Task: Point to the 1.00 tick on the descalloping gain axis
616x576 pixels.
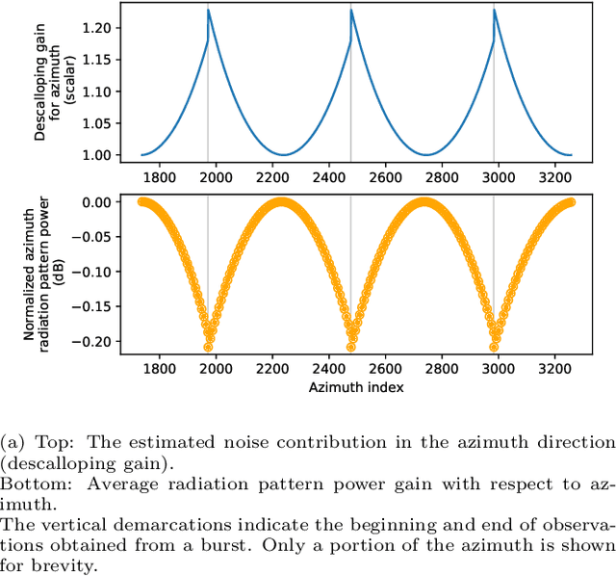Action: tap(97, 155)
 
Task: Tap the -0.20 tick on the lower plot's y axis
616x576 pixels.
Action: tap(93, 341)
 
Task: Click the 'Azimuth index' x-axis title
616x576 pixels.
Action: tap(355, 386)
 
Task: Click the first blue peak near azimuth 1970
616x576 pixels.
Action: tap(208, 11)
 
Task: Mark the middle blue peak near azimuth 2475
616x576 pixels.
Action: tap(351, 11)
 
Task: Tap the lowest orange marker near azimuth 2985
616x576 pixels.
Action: tap(494, 347)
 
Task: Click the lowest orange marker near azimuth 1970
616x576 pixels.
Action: tap(208, 347)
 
